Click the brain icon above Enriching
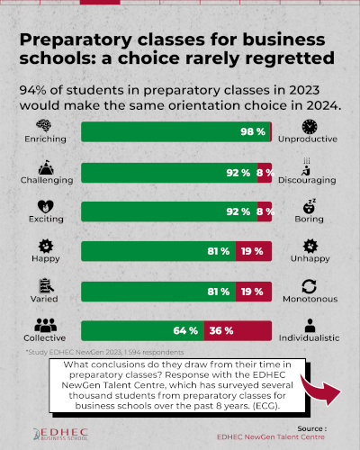44,125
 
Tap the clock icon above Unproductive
310,127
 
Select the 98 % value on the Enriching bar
253,131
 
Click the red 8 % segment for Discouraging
265,173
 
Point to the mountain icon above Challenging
46,167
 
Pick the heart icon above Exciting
46,207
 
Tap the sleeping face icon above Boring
310,206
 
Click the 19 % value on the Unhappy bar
252,251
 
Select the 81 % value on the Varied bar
219,292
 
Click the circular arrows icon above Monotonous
310,286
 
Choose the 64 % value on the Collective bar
185,331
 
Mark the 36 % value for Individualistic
221,331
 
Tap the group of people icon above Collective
45,325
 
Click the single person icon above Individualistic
310,326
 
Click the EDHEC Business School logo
60,434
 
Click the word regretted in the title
290,58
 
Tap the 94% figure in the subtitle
32,90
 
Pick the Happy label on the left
46,258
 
